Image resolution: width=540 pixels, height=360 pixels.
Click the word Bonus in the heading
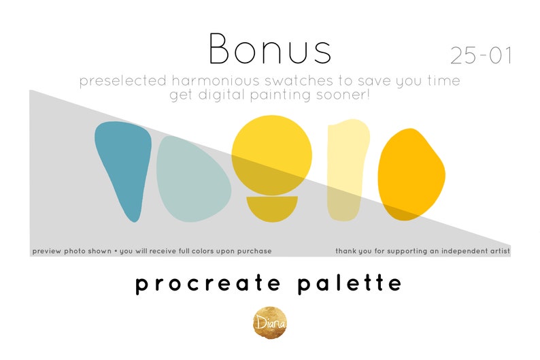pyautogui.click(x=270, y=49)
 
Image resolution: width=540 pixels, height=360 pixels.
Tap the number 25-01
pyautogui.click(x=481, y=56)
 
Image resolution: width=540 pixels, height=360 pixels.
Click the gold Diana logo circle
pyautogui.click(x=270, y=321)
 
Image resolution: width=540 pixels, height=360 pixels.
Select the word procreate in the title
pyautogui.click(x=203, y=283)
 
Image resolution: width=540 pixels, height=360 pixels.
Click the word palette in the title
pyautogui.click(x=350, y=283)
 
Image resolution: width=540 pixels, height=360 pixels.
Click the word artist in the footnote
pyautogui.click(x=497, y=251)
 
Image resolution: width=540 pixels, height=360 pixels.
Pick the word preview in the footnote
pyautogui.click(x=47, y=251)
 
